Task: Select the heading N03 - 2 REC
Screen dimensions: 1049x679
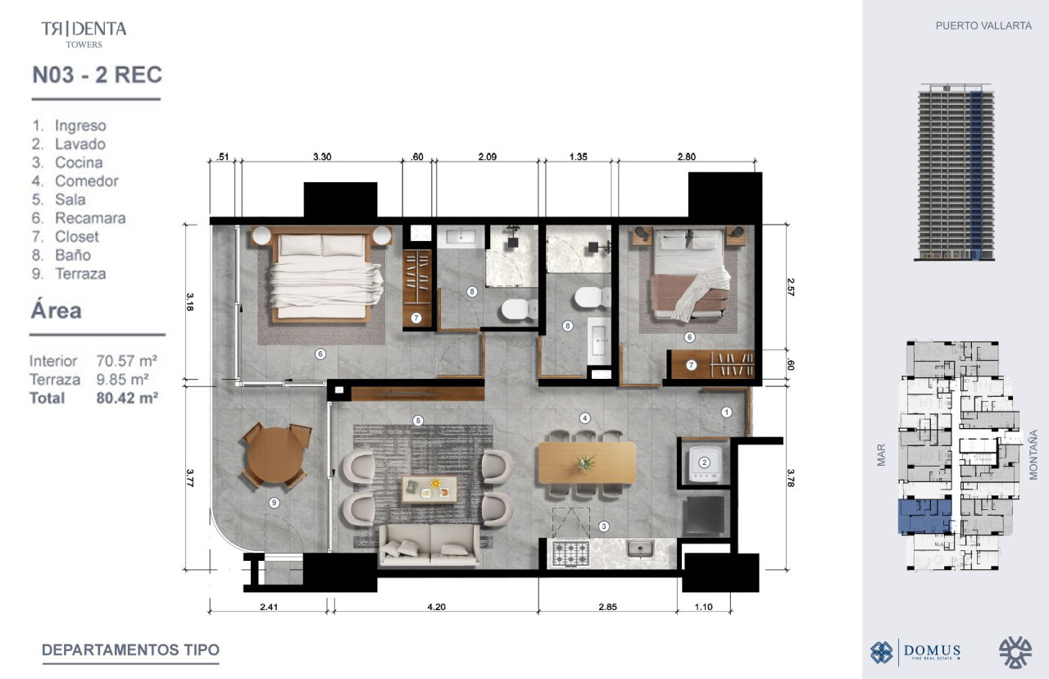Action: [x=97, y=75]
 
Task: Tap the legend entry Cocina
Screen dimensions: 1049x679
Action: [x=79, y=162]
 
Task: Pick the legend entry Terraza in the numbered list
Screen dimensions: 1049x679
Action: [x=80, y=274]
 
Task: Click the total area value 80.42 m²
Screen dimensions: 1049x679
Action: [x=127, y=398]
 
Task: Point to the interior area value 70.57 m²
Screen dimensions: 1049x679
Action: [x=126, y=361]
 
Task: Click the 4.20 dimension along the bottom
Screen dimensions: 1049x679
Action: [x=436, y=607]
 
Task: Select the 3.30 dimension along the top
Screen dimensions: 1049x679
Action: [x=322, y=157]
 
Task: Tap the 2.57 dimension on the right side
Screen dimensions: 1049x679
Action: [x=791, y=287]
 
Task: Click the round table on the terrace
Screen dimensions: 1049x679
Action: [x=275, y=455]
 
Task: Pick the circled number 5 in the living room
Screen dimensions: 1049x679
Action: [x=418, y=421]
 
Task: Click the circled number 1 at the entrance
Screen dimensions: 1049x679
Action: [x=726, y=412]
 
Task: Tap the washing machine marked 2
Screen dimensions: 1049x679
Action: [x=704, y=463]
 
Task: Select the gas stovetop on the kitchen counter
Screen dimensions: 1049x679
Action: [x=571, y=553]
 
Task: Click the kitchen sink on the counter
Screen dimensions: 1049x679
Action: [x=640, y=549]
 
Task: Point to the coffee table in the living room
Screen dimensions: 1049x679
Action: [x=429, y=490]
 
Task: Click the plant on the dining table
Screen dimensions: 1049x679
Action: [x=586, y=463]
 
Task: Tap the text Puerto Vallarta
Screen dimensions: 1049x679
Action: [x=983, y=25]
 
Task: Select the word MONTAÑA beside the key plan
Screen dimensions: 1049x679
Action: [x=1033, y=454]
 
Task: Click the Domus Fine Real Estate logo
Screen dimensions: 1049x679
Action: [x=915, y=652]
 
